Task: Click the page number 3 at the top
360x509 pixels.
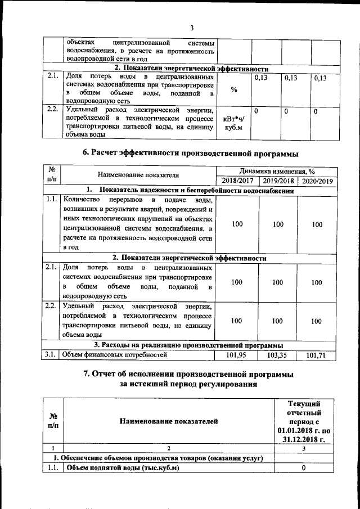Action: click(x=191, y=28)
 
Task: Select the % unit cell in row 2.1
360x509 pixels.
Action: click(x=234, y=91)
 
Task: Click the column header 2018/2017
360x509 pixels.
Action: click(x=237, y=181)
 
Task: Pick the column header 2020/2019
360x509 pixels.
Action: click(x=317, y=181)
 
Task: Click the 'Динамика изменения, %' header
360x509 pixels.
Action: click(x=276, y=171)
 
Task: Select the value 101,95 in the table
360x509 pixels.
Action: click(x=237, y=355)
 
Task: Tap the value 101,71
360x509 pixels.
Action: click(x=317, y=355)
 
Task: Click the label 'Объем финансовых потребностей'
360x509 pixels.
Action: click(x=115, y=355)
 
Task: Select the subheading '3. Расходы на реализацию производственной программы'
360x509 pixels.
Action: click(x=188, y=345)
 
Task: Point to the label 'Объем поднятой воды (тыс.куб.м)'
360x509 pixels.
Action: click(x=122, y=468)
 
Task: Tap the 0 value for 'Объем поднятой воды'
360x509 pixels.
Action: click(x=304, y=468)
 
